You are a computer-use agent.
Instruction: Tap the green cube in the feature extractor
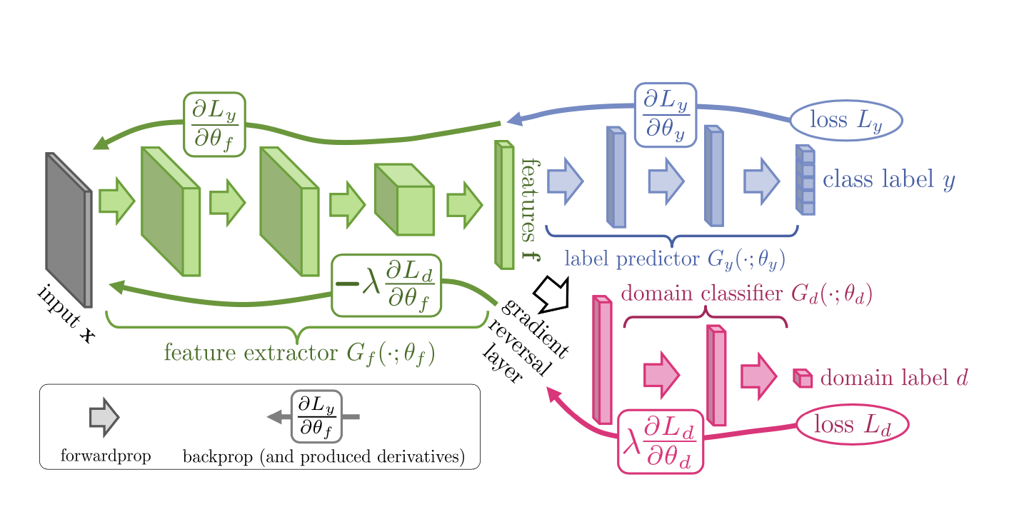click(x=405, y=200)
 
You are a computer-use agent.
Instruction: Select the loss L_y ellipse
click(x=845, y=120)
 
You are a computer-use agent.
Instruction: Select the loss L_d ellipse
click(x=851, y=425)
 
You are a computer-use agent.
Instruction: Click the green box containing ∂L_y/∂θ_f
click(x=214, y=124)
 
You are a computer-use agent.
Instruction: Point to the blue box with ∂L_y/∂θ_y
click(x=665, y=115)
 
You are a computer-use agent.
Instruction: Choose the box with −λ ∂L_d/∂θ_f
click(x=386, y=285)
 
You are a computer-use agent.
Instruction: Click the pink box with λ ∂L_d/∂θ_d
click(x=661, y=441)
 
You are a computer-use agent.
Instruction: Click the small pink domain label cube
click(x=803, y=378)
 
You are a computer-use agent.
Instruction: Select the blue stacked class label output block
click(x=805, y=181)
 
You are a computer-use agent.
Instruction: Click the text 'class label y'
click(x=888, y=180)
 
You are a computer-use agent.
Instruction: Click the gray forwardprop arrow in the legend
click(x=104, y=417)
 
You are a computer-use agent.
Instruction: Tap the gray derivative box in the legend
click(x=316, y=417)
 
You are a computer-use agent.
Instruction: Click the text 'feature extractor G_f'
click(x=299, y=353)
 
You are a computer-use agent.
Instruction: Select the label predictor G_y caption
click(x=675, y=258)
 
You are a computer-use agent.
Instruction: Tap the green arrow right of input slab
click(x=116, y=201)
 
